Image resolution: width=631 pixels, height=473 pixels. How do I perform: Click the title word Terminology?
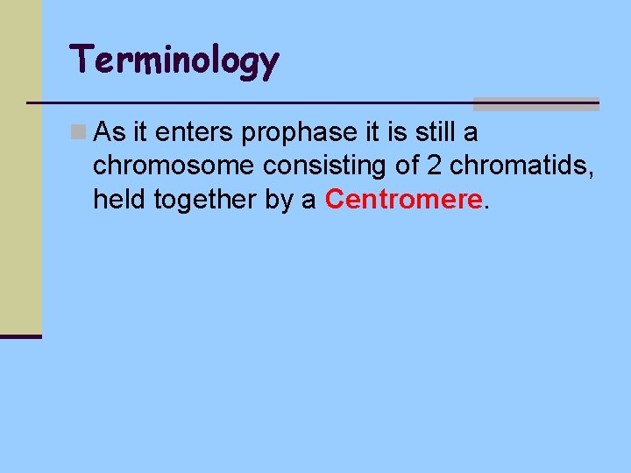(x=175, y=60)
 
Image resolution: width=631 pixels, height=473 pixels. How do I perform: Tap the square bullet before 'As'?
(x=78, y=131)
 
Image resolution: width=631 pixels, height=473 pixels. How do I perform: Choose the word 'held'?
(x=120, y=199)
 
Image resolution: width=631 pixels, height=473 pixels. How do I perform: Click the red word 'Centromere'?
(x=403, y=199)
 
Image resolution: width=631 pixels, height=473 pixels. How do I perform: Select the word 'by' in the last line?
(x=281, y=200)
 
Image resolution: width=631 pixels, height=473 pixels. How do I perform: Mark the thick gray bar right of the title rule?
(x=535, y=104)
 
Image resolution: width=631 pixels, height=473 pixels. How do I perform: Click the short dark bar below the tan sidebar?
(x=20, y=335)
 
